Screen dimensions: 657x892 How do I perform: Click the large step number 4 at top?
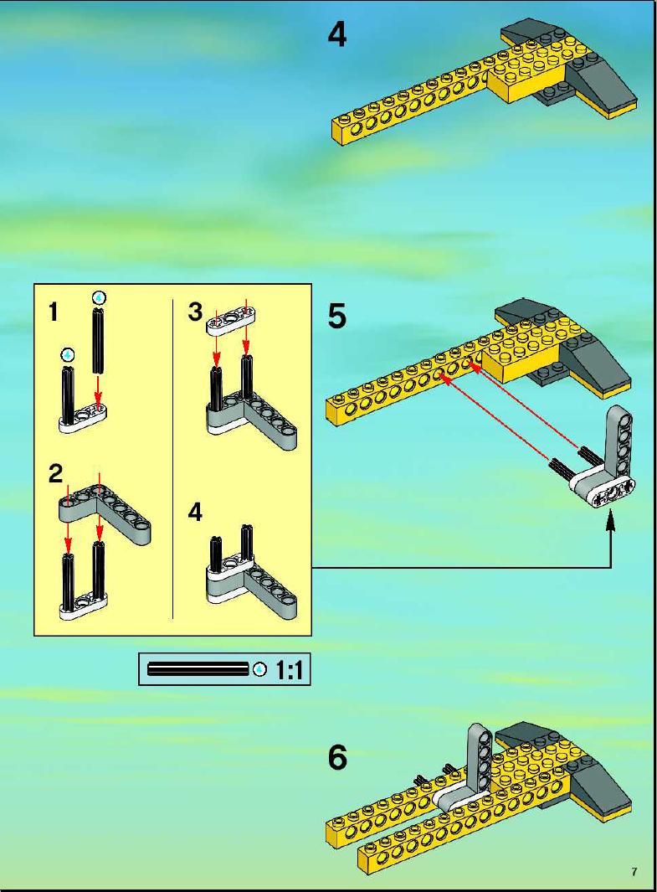pyautogui.click(x=337, y=34)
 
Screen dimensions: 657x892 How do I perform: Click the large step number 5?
pyautogui.click(x=337, y=316)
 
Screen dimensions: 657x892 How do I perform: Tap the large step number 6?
pyautogui.click(x=337, y=758)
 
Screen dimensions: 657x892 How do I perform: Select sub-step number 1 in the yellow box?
pyautogui.click(x=54, y=312)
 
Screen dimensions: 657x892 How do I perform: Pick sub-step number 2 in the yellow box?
pyautogui.click(x=55, y=474)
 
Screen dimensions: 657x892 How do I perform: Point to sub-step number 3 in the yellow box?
pyautogui.click(x=195, y=312)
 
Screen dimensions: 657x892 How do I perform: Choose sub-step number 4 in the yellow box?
pyautogui.click(x=195, y=512)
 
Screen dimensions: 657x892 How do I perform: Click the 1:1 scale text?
pyautogui.click(x=289, y=670)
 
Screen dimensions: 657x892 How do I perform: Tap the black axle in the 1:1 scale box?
pyautogui.click(x=198, y=669)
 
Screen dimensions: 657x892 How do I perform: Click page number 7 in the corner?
pyautogui.click(x=634, y=872)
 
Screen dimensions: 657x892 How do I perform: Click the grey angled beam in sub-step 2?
pyautogui.click(x=105, y=513)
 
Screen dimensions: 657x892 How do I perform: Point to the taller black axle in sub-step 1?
pyautogui.click(x=99, y=342)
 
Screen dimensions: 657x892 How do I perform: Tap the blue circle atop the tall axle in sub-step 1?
pyautogui.click(x=100, y=297)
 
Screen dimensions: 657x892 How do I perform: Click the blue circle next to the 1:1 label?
pyautogui.click(x=260, y=669)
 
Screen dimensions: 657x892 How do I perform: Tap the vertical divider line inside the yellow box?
pyautogui.click(x=172, y=458)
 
